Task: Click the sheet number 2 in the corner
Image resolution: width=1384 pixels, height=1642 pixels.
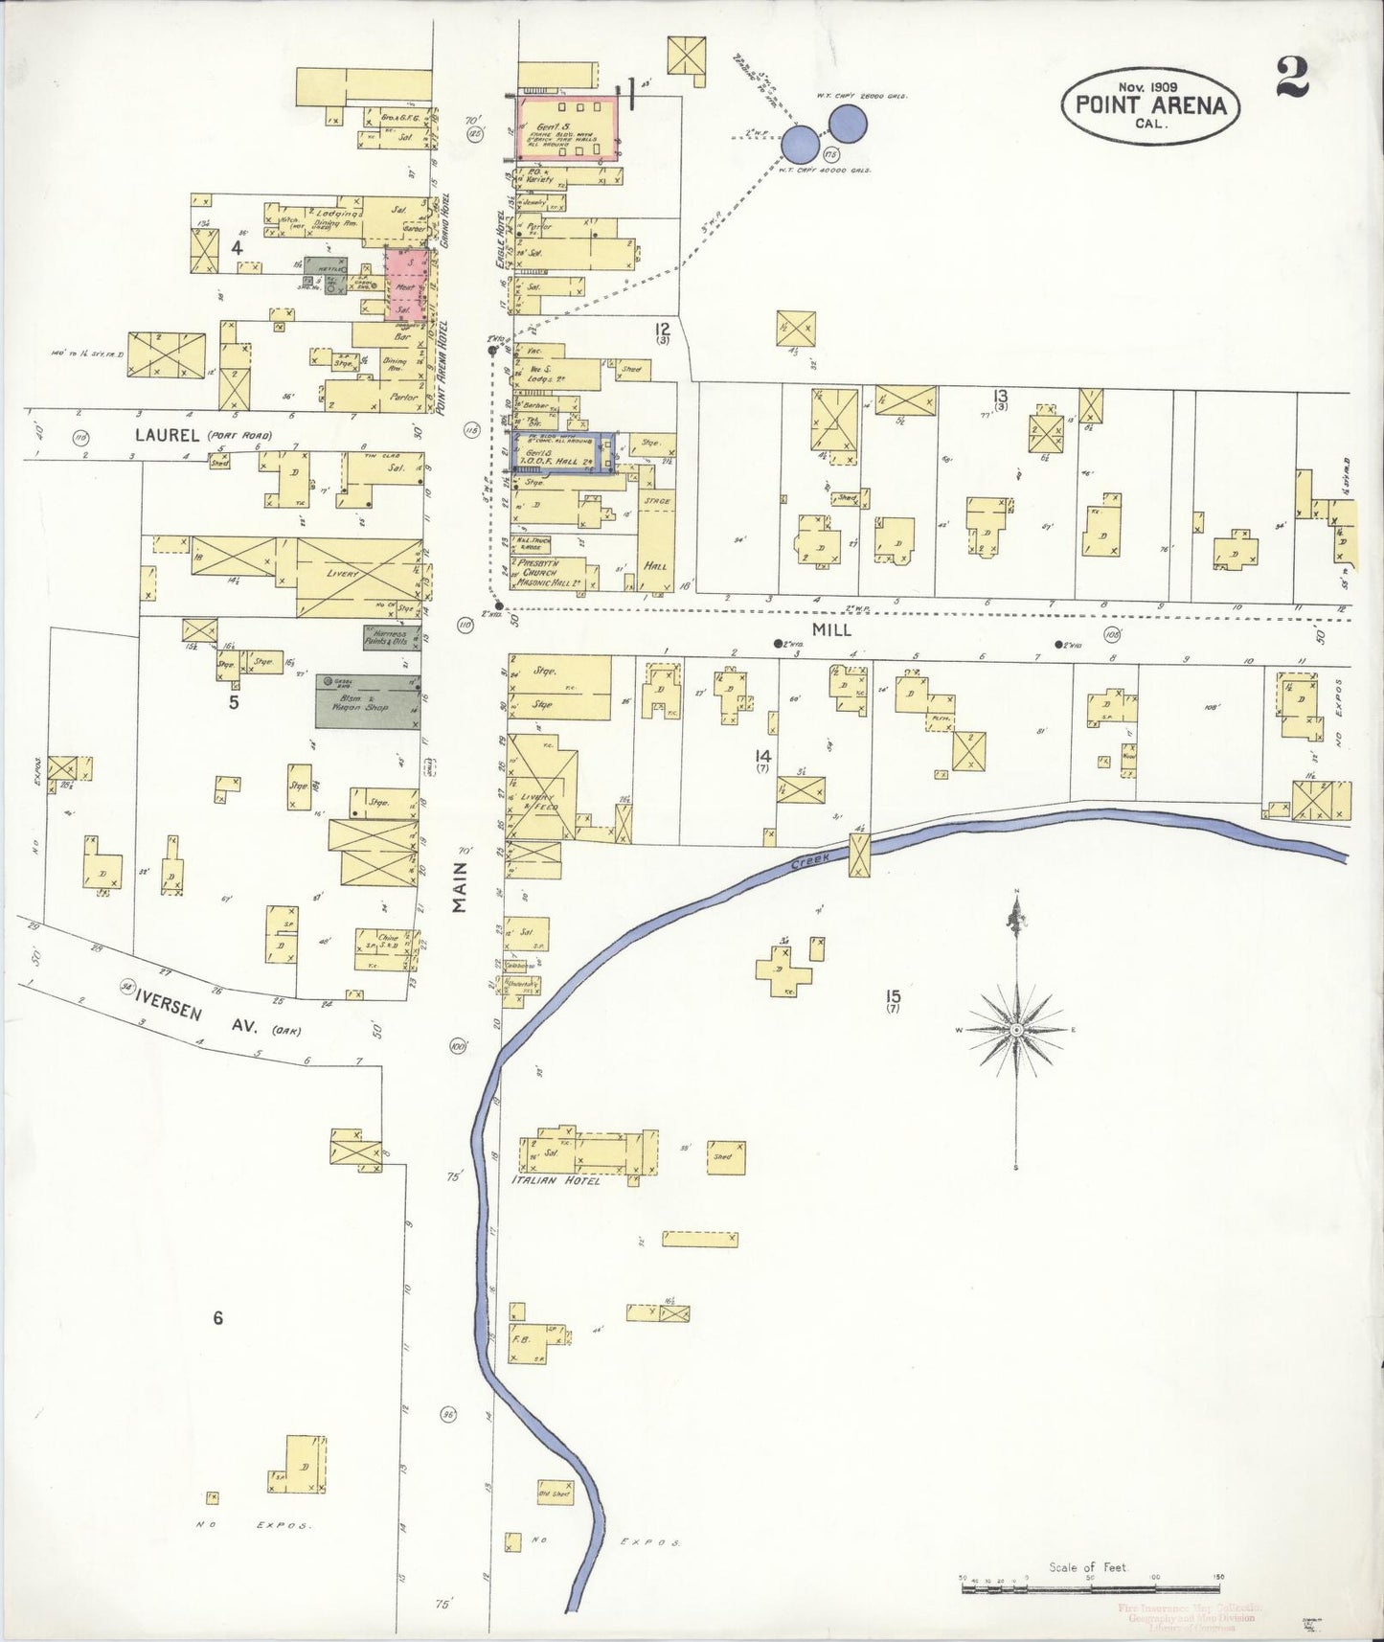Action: point(1292,78)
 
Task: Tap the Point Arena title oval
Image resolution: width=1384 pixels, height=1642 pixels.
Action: point(1150,104)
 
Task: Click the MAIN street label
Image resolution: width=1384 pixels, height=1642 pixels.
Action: point(460,886)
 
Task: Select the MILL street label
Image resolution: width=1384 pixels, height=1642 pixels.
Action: point(831,630)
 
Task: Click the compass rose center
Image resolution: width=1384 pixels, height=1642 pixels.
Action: point(1016,1030)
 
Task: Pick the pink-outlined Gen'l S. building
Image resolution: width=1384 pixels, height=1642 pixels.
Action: point(567,131)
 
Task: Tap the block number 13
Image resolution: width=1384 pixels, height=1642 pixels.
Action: point(1001,395)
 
